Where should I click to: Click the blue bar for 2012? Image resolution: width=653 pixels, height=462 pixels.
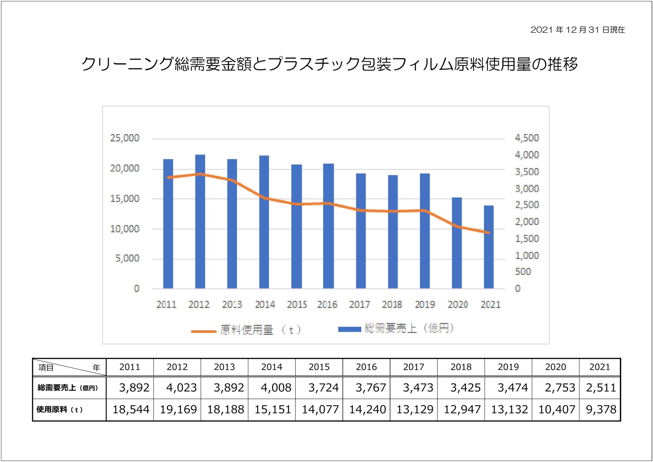tap(200, 221)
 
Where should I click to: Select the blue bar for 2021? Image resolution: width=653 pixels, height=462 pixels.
tap(488, 247)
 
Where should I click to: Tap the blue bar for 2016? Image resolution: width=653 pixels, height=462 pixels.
tap(328, 226)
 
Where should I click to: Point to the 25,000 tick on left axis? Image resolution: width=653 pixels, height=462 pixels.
tap(125, 138)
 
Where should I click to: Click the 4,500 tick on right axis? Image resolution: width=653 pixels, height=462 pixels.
tap(527, 138)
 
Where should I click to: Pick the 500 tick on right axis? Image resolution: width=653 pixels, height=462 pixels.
tap(523, 272)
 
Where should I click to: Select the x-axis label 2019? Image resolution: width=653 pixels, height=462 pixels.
tap(425, 305)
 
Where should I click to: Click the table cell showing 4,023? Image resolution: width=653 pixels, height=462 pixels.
tap(181, 388)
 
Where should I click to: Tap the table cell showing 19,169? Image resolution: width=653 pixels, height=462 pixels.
tap(178, 409)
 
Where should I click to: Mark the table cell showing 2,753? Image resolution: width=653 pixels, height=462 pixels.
tap(560, 388)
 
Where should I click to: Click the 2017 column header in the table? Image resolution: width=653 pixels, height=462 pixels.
tap(414, 367)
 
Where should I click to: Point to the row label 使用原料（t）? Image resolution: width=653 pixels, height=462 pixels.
tap(60, 410)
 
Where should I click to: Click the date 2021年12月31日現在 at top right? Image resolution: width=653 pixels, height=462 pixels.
tap(577, 30)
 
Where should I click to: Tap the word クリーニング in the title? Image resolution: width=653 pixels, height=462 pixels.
tap(128, 64)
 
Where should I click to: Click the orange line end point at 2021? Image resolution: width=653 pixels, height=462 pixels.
tap(488, 233)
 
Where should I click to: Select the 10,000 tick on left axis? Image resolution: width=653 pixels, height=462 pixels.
tap(125, 229)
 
